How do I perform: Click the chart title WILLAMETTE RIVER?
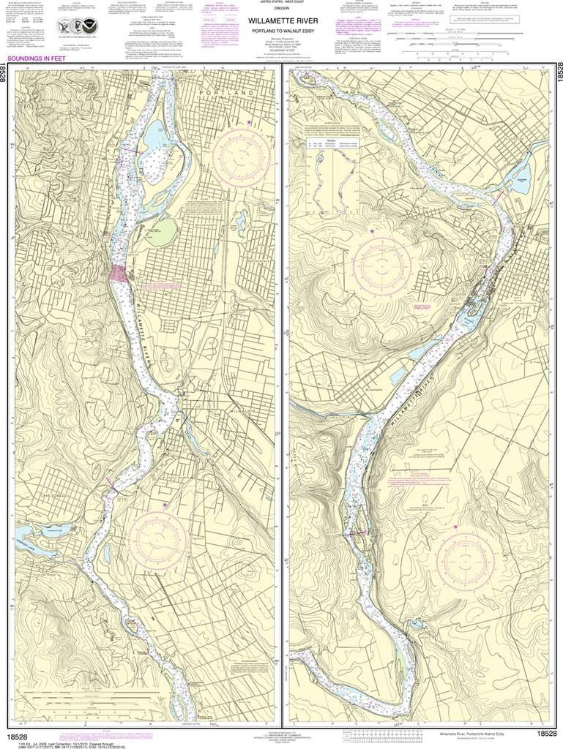(283, 20)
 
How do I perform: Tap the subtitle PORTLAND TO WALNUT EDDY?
(283, 31)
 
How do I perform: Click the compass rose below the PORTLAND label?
(240, 157)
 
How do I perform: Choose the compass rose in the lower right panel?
(469, 560)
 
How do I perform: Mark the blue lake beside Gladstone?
(521, 178)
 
